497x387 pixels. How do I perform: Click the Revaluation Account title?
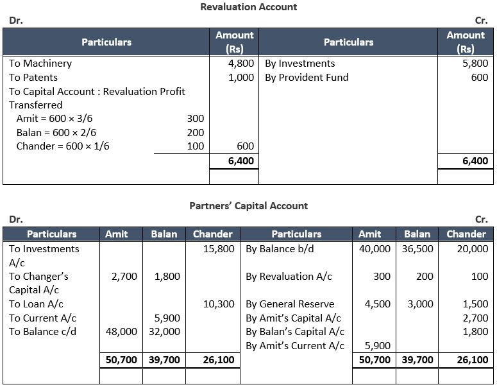pos(249,7)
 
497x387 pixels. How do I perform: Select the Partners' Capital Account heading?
pos(249,206)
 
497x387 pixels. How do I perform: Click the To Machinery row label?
pos(40,64)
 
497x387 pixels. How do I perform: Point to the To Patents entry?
pos(33,78)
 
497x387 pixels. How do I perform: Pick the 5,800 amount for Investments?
pos(475,64)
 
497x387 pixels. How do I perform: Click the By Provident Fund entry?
pos(307,78)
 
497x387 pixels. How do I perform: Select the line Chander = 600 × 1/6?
pos(63,146)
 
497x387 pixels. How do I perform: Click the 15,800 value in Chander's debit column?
pos(218,249)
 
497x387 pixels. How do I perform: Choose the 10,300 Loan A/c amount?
pos(218,304)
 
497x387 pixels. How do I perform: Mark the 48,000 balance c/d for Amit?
pos(121,332)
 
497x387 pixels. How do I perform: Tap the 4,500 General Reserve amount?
pos(377,304)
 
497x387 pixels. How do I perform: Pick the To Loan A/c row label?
pos(36,304)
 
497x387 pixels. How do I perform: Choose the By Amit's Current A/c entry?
pos(295,346)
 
